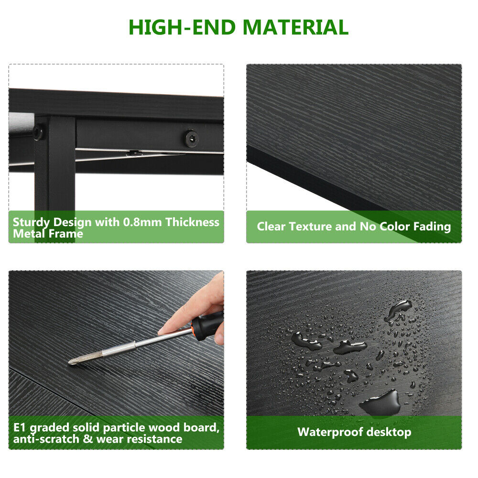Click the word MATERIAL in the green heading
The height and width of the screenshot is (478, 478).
pos(295,27)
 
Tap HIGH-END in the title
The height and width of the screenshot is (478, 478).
pos(182,27)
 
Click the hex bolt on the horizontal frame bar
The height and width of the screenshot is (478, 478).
pos(192,138)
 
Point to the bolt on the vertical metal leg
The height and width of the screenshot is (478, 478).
pos(38,133)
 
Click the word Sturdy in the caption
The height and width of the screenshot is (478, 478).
pos(32,223)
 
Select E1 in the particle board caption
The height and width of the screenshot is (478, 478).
pos(20,427)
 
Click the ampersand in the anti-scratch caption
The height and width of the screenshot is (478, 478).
pos(87,439)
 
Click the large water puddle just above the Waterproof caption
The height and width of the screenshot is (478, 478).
pos(381,402)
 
